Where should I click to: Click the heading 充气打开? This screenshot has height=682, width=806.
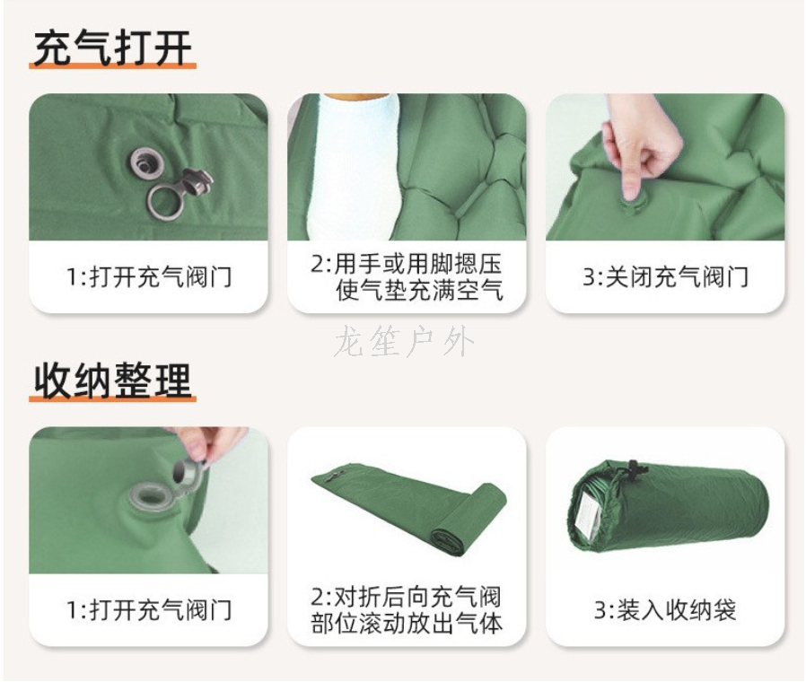[x=112, y=48]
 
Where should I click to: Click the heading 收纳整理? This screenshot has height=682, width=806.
[x=112, y=380]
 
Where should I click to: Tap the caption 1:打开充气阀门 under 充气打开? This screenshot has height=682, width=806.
[x=149, y=277]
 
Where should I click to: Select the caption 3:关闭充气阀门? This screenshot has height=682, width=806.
[x=665, y=277]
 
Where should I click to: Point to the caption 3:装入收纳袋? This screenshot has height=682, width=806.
[x=665, y=610]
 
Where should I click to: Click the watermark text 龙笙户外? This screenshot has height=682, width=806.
[x=404, y=343]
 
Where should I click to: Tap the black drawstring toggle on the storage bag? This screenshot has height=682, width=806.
[x=632, y=468]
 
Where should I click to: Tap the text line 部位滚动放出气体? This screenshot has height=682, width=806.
[x=407, y=624]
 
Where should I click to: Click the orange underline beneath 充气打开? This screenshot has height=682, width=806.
[x=112, y=66]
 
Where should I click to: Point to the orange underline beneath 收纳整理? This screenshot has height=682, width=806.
[x=112, y=398]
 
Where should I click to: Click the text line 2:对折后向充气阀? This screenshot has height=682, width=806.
[x=406, y=597]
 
